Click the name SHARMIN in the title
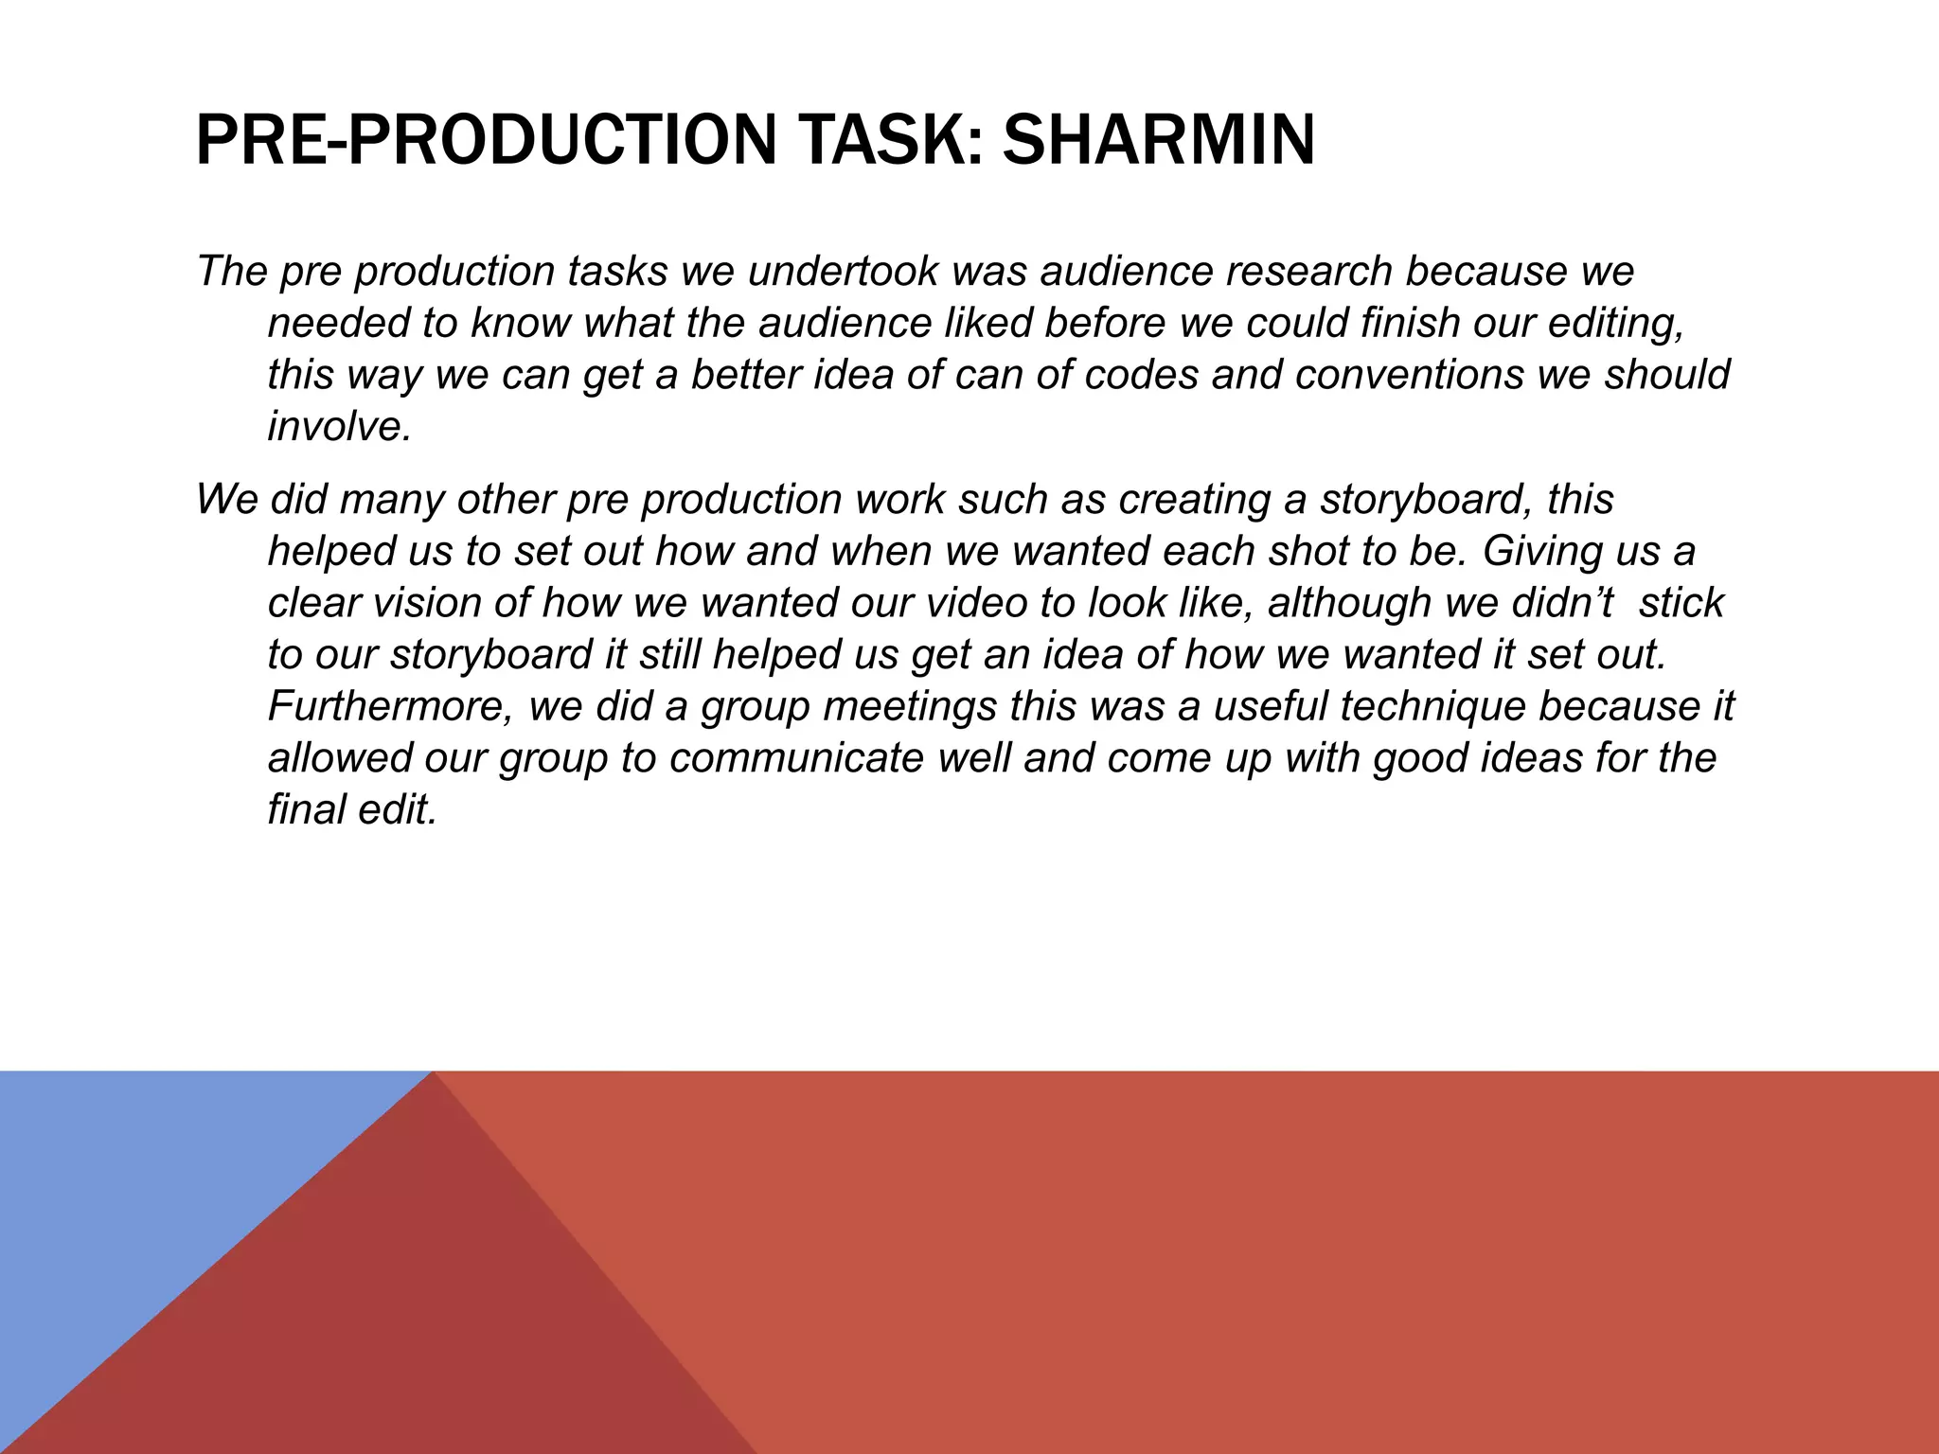click(x=1159, y=139)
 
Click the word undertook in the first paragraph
click(x=843, y=272)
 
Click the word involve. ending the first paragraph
click(x=340, y=427)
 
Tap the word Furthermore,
click(x=390, y=706)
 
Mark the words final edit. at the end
click(x=352, y=810)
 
